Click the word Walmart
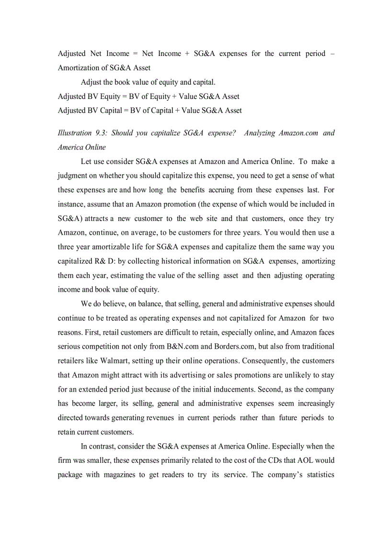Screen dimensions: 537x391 click(113, 361)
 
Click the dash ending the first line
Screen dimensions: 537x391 click(333, 54)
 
